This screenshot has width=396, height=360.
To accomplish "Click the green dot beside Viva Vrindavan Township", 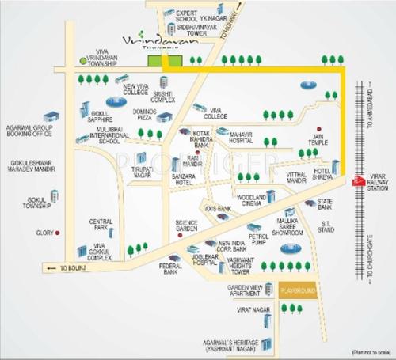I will pyautogui.click(x=83, y=60).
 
